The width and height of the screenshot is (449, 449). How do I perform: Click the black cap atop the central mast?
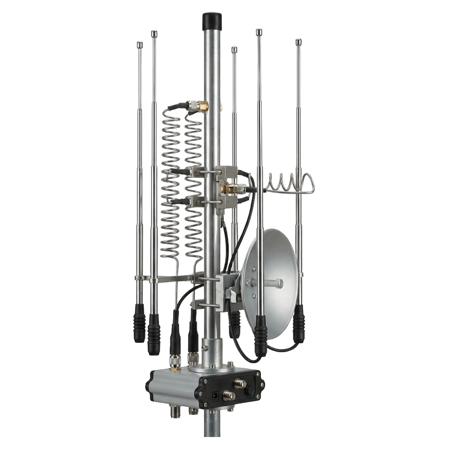[x=211, y=20]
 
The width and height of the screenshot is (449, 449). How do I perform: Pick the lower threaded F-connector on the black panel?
[x=229, y=396]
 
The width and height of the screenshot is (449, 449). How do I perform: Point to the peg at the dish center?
[x=278, y=284]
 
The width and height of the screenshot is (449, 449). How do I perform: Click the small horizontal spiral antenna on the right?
[x=289, y=183]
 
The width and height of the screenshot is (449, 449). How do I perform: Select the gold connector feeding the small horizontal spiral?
[x=228, y=189]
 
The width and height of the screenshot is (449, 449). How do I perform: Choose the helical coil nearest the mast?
[x=193, y=184]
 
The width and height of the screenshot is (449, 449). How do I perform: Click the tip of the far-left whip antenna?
[x=140, y=42]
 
